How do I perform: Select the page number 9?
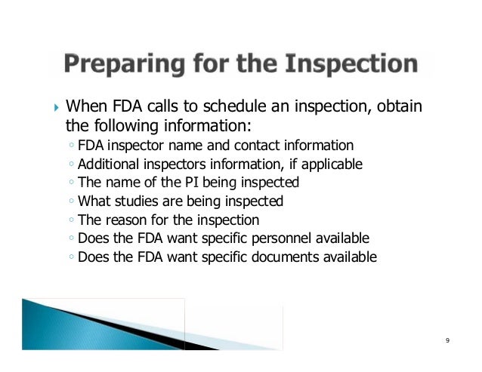tap(448, 342)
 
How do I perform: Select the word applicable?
tap(332, 164)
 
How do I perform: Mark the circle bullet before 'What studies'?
tap(70, 202)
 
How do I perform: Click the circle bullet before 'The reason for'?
tap(70, 221)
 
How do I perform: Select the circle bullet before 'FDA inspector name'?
tap(70, 146)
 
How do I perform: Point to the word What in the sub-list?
tap(93, 201)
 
